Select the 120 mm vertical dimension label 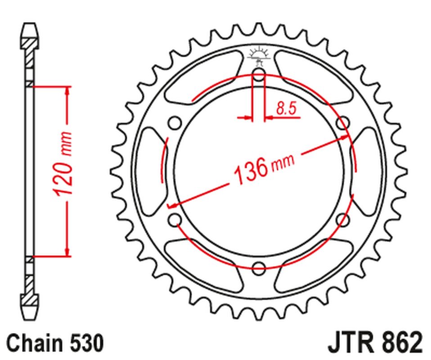[63, 164]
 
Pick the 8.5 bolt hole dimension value [288, 109]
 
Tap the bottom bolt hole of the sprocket [259, 269]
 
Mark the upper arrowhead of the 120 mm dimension [67, 90]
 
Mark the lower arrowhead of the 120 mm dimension [67, 252]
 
